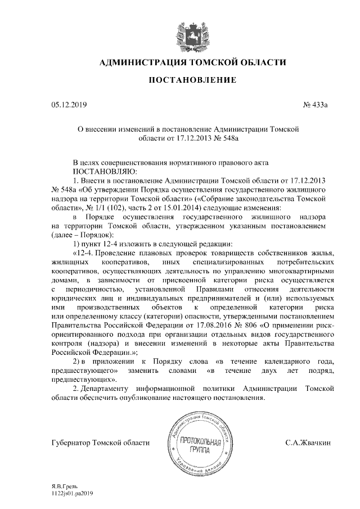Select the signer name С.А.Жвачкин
[x=308, y=443]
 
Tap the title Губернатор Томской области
[x=100, y=443]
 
